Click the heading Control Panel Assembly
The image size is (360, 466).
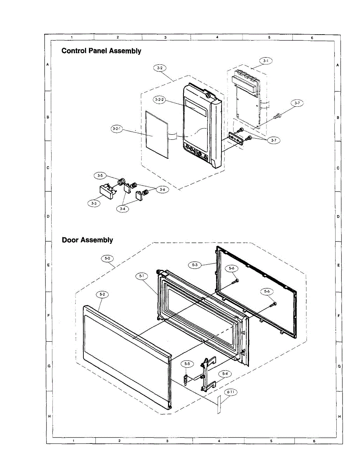pyautogui.click(x=101, y=51)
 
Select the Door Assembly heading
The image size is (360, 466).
pyautogui.click(x=87, y=240)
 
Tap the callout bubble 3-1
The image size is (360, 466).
pyautogui.click(x=266, y=61)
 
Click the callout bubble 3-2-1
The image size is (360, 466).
pyautogui.click(x=116, y=130)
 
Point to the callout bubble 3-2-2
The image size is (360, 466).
pyautogui.click(x=159, y=100)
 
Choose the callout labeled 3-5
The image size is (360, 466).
pyautogui.click(x=100, y=176)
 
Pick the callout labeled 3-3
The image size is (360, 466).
pyautogui.click(x=94, y=203)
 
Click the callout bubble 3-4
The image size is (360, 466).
pyautogui.click(x=123, y=209)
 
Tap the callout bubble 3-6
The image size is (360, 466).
pyautogui.click(x=162, y=189)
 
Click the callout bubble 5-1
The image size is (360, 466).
pyautogui.click(x=142, y=276)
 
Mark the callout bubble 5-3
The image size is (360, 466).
pyautogui.click(x=195, y=265)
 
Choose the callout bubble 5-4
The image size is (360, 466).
pyautogui.click(x=224, y=373)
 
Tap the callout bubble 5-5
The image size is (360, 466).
pyautogui.click(x=187, y=364)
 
